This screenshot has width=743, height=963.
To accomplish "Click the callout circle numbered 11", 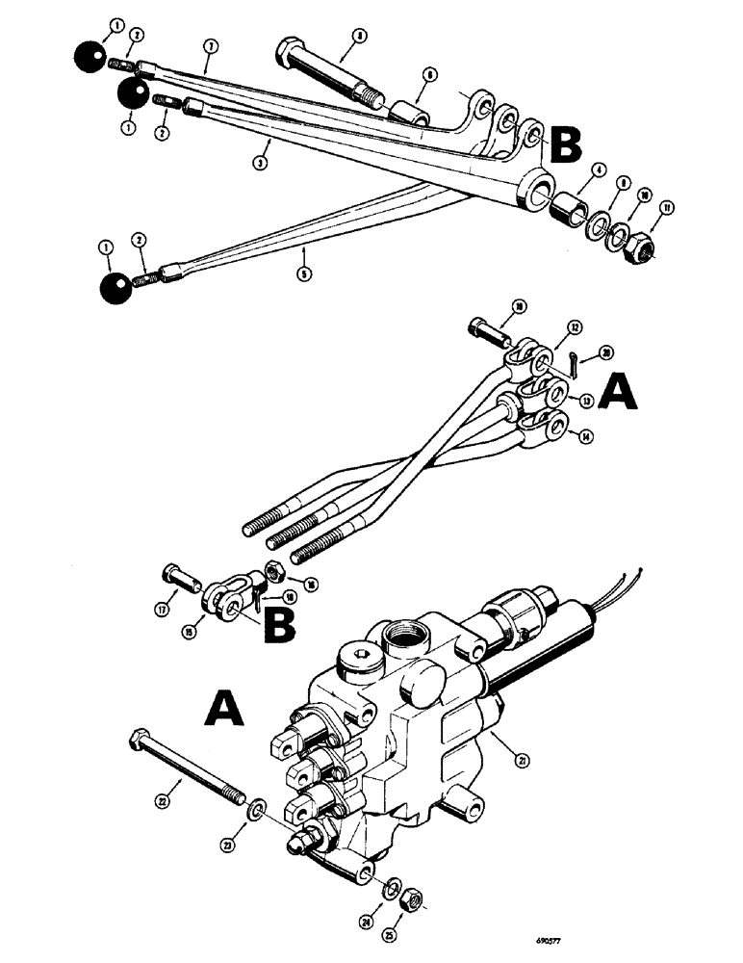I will [659, 206].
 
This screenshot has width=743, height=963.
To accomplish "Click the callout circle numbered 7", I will [209, 45].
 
